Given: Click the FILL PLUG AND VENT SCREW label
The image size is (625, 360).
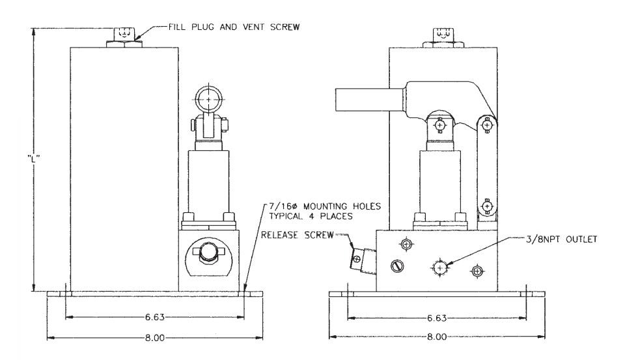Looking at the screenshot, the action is click(234, 27).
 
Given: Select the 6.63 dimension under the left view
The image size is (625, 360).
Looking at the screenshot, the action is click(155, 317).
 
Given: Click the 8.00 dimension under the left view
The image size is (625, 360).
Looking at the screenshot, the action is click(155, 338).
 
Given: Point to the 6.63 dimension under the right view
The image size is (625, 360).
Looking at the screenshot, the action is click(437, 318).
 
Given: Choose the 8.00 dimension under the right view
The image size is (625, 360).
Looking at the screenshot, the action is click(437, 337).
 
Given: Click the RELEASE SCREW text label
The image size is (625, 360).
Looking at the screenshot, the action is click(298, 235).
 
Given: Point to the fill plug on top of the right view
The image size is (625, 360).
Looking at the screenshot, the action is click(443, 38).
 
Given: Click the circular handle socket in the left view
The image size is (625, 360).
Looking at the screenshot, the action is click(208, 98).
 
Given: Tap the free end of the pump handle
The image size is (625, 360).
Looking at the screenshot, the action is click(337, 100).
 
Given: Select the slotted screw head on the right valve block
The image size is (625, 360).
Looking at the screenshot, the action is click(396, 266).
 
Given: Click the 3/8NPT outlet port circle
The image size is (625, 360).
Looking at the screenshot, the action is click(439, 266).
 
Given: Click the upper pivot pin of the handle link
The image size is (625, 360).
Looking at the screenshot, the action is click(487, 125).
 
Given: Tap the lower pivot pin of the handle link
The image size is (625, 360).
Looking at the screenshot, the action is click(487, 206).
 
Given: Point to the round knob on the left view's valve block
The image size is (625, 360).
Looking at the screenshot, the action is click(208, 253).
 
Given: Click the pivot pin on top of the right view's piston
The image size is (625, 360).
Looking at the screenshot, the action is click(439, 125).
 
